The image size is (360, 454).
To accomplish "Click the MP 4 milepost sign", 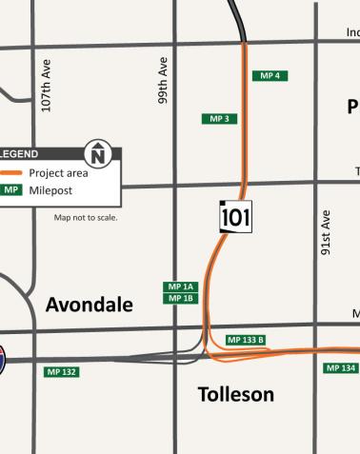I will (x=270, y=75).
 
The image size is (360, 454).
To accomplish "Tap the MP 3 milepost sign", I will (x=219, y=119).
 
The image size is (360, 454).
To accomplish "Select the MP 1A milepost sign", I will (x=180, y=286).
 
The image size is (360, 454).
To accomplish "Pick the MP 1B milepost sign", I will (x=180, y=298).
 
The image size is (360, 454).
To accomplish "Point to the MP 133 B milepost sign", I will (x=246, y=340).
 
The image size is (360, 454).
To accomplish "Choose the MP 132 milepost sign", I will (x=61, y=371).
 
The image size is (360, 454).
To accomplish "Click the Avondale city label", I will (x=90, y=305).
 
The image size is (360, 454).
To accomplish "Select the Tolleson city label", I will (x=235, y=394).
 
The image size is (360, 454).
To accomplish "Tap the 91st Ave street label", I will (x=326, y=233).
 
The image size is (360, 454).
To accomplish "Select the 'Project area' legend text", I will (x=58, y=173).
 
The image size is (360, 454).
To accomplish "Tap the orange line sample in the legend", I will (x=11, y=173).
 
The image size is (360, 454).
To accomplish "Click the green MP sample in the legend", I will (x=10, y=189).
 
